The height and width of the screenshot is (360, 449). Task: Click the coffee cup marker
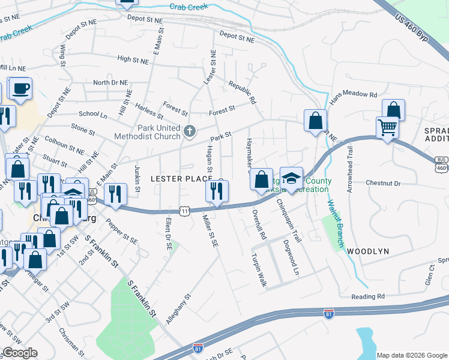tap(20, 89)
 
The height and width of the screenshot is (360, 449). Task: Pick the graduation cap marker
tap(291, 179)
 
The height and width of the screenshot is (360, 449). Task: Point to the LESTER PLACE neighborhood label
tap(181, 179)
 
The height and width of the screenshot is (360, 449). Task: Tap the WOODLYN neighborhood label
tap(368, 251)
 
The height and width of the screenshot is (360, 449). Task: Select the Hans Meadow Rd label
tap(352, 95)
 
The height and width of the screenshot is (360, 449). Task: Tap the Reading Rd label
tap(368, 296)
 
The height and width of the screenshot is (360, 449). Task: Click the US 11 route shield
tap(185, 211)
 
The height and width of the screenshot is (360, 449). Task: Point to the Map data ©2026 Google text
tap(411, 355)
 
